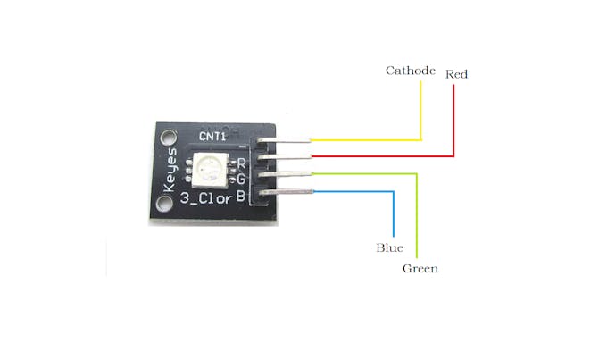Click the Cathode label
click(x=411, y=71)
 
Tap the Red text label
click(x=456, y=74)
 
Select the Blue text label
click(x=389, y=247)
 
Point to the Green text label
click(x=420, y=269)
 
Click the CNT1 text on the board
click(x=212, y=137)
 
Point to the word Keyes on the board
click(x=170, y=170)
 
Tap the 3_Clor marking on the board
click(x=206, y=198)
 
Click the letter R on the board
click(x=241, y=163)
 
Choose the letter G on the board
click(x=241, y=180)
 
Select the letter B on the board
click(x=240, y=197)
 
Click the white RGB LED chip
click(x=210, y=170)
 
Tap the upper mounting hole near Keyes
click(x=168, y=138)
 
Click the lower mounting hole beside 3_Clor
click(x=164, y=205)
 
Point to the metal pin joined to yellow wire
click(x=284, y=140)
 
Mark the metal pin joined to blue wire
click(x=286, y=192)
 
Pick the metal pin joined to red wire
click(x=285, y=156)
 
